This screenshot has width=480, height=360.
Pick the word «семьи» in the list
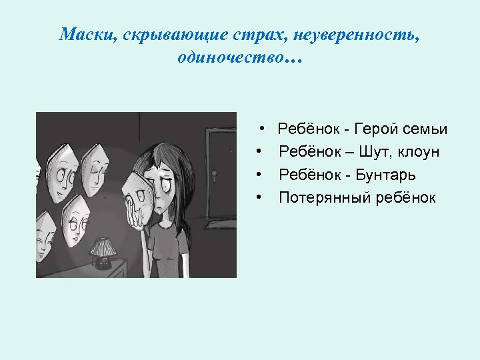426,129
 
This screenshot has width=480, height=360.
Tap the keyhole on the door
215,175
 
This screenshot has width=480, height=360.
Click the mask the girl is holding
141,193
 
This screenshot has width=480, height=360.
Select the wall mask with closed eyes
95,166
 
